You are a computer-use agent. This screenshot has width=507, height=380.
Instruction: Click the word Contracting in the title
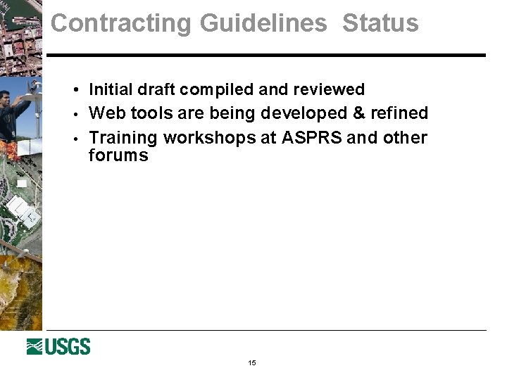(x=121, y=23)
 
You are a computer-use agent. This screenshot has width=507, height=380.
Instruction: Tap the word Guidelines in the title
(x=263, y=23)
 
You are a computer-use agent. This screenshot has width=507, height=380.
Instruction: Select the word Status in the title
(x=380, y=23)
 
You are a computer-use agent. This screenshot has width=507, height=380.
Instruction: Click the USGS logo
(x=58, y=347)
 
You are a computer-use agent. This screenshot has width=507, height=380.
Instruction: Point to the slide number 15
(x=252, y=363)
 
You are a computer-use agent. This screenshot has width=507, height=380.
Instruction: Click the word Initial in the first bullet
(x=112, y=89)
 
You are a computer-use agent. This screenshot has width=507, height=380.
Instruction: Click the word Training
(x=123, y=137)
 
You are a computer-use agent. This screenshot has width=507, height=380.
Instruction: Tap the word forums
(x=118, y=156)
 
